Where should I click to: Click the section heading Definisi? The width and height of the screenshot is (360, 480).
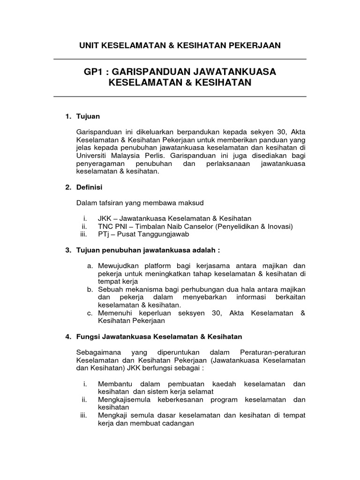coord(89,187)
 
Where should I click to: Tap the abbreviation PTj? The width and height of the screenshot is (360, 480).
coord(104,234)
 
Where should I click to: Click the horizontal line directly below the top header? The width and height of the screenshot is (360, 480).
coord(180,59)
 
